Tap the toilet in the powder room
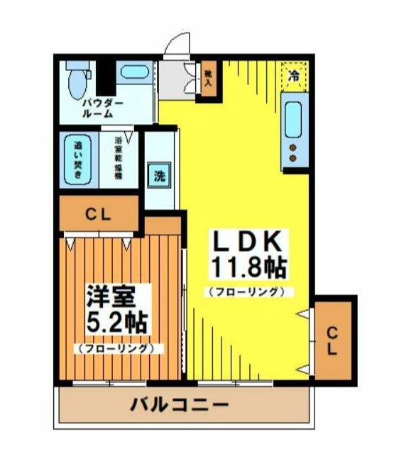click(x=77, y=80)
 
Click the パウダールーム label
click(x=100, y=108)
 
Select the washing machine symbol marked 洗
click(x=159, y=175)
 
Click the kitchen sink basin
click(x=293, y=119)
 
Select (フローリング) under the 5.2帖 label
click(x=118, y=348)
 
